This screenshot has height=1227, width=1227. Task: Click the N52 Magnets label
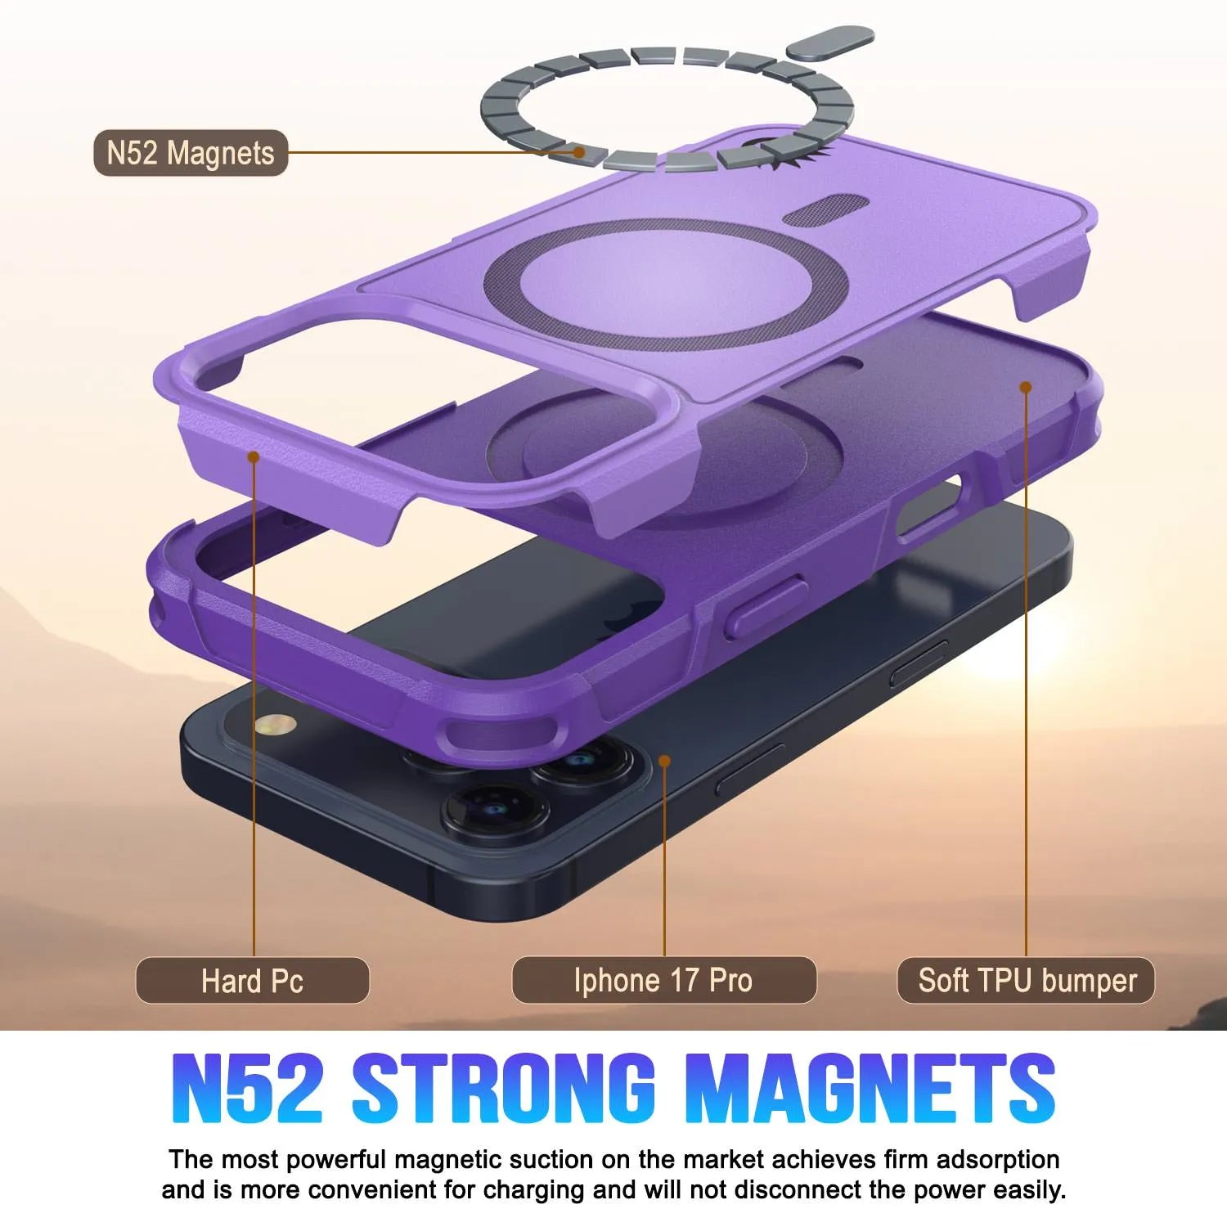pos(191,153)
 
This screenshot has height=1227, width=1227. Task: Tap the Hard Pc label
pos(252,980)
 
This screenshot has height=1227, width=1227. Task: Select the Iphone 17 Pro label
pos(663,980)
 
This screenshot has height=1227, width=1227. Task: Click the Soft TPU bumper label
pos(1027,980)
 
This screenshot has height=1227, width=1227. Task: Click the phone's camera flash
pos(274,724)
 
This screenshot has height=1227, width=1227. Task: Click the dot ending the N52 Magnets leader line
pos(579,152)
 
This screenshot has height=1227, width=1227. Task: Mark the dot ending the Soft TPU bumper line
pos(1025,387)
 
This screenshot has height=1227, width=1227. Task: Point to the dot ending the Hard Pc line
pos(254,456)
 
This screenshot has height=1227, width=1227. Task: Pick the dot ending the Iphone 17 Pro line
pos(664,762)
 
